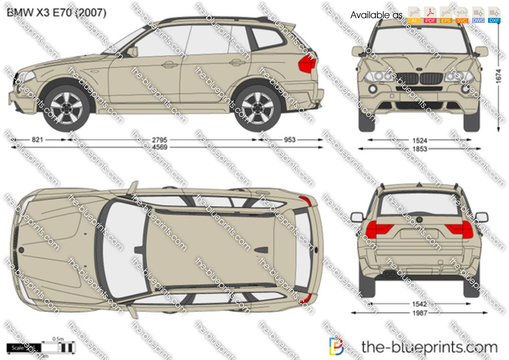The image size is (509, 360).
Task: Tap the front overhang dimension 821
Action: point(37,140)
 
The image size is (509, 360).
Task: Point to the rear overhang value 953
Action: point(289,140)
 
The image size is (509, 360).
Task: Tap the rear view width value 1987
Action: point(420,313)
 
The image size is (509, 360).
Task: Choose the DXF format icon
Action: point(494,15)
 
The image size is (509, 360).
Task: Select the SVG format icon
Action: point(462,15)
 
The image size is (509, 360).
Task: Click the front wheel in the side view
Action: point(66,108)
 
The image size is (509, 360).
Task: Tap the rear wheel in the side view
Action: point(257,108)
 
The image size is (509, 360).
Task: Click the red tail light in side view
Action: point(307,64)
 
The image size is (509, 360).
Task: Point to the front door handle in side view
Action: point(169,64)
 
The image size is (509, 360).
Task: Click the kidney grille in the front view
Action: point(419,78)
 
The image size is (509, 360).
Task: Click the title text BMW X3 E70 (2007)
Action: point(56,13)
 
